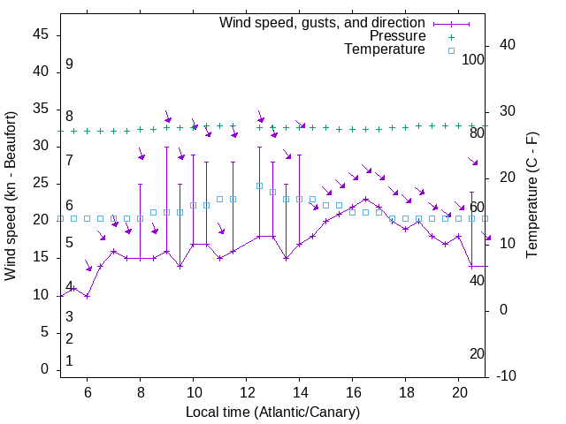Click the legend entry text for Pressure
(x=397, y=36)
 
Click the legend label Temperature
(x=385, y=49)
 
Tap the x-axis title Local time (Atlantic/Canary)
(x=273, y=413)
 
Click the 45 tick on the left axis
(x=41, y=34)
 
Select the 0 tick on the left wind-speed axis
(x=44, y=369)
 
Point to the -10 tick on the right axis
(x=507, y=376)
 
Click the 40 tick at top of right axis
(x=507, y=45)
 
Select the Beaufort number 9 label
(x=69, y=64)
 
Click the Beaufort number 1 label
(x=69, y=361)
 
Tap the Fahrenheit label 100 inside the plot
(x=474, y=60)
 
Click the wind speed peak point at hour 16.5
(x=366, y=199)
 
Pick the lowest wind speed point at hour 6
(x=87, y=296)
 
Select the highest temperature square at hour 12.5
(x=259, y=185)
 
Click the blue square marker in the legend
(x=450, y=50)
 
